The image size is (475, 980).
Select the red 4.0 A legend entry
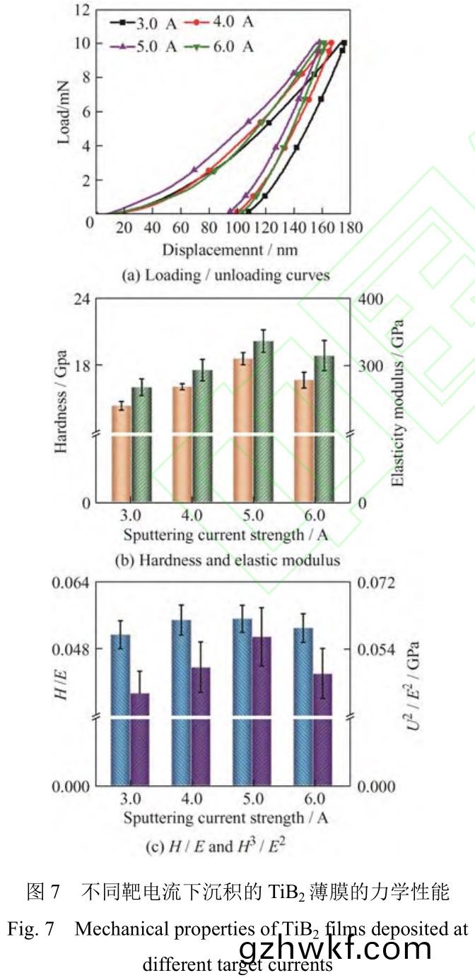220,22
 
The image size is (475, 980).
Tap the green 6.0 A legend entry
220,47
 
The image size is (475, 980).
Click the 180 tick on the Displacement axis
350,227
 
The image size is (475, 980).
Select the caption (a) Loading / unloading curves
225,275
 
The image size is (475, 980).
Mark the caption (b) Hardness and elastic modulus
226,561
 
